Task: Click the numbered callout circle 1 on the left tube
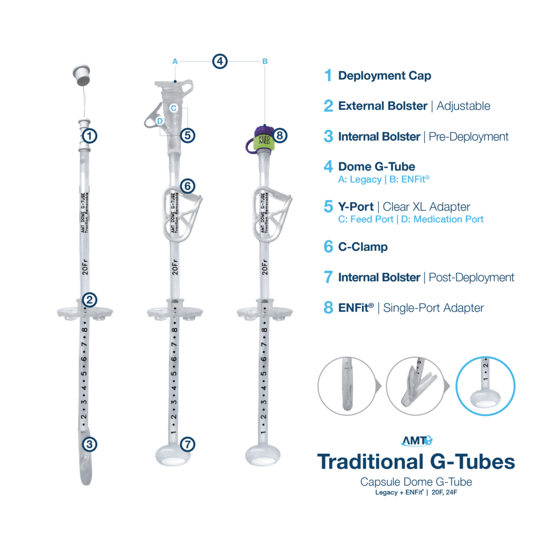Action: (90, 136)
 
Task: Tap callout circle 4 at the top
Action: (220, 61)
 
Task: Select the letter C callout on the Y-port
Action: (173, 108)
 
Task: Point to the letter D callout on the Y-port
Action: (160, 121)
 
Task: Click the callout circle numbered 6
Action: (187, 186)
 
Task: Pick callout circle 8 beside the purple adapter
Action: (279, 135)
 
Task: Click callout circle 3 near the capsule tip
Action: (90, 444)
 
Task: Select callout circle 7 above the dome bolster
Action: (187, 444)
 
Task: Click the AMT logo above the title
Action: (417, 440)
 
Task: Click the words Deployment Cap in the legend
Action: (385, 76)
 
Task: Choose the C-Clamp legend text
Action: (363, 247)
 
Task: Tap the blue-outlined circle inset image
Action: (486, 386)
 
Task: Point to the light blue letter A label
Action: (175, 61)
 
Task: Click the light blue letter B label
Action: (265, 61)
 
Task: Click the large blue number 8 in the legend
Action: (328, 308)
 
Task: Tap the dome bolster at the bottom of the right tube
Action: (263, 455)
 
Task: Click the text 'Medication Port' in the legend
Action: (448, 219)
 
